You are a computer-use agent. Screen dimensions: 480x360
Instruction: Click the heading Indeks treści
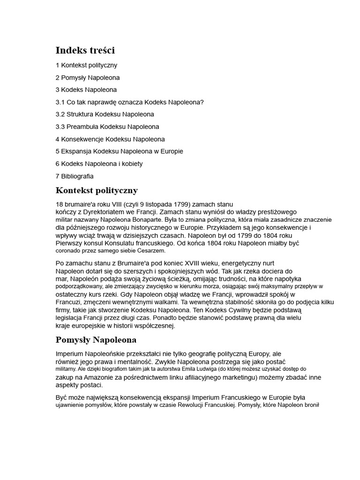click(x=85, y=50)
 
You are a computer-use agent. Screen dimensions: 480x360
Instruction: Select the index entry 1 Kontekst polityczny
click(x=86, y=65)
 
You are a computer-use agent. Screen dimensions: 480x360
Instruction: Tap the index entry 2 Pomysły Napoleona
click(x=88, y=77)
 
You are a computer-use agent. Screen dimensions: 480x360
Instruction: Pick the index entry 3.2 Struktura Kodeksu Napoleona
click(x=105, y=114)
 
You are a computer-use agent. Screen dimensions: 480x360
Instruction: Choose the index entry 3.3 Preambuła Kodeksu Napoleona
click(x=107, y=127)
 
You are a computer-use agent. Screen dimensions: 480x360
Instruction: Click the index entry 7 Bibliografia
click(x=75, y=176)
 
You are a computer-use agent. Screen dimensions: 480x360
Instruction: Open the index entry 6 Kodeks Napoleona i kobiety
click(x=99, y=164)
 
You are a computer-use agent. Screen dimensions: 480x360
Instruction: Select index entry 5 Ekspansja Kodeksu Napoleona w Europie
click(x=119, y=151)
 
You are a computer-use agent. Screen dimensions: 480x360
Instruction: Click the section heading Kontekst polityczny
click(x=97, y=190)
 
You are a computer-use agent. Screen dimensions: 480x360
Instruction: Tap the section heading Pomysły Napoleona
click(x=96, y=340)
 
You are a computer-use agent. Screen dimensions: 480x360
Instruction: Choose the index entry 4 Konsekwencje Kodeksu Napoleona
click(x=110, y=139)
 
